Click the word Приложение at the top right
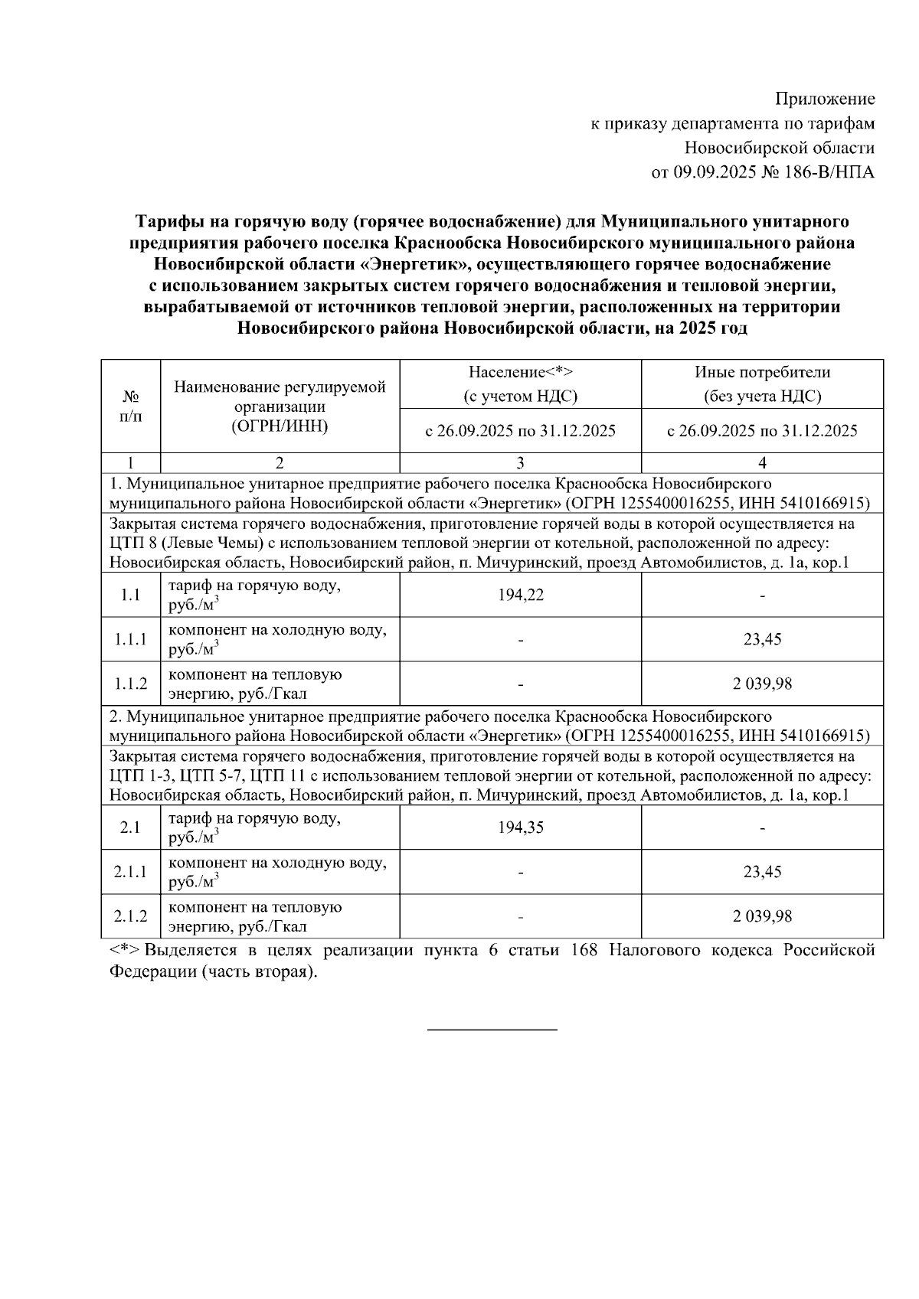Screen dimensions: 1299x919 pos(825,99)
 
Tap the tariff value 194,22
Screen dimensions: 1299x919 pos(521,595)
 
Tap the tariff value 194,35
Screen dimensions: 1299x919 pos(521,827)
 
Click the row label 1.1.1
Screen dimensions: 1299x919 pos(131,639)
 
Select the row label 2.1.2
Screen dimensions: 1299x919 pos(131,916)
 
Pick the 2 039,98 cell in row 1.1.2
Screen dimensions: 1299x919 pos(762,684)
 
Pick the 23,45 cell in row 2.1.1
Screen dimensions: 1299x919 pos(762,872)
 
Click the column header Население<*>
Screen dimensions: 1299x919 pos(521,372)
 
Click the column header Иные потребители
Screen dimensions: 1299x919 pos(762,372)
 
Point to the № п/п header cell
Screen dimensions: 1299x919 pos(131,406)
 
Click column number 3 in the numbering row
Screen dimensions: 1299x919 pos(521,463)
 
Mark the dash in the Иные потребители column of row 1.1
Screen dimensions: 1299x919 pos(762,596)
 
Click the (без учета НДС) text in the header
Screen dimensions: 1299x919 pos(762,397)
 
